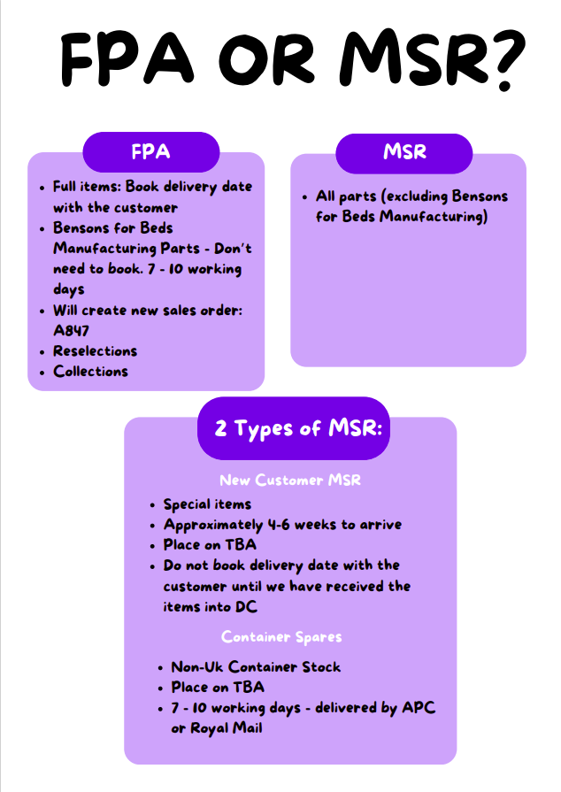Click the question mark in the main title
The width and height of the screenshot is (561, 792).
pyautogui.click(x=505, y=59)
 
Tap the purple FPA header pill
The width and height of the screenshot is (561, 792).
pyautogui.click(x=151, y=152)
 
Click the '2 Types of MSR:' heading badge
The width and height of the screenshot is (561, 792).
pyautogui.click(x=294, y=428)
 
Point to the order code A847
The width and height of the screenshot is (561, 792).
pyautogui.click(x=71, y=331)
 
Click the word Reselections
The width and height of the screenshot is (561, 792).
pyautogui.click(x=95, y=351)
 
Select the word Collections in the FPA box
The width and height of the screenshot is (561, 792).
pyautogui.click(x=91, y=372)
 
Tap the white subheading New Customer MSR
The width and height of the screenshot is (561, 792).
pyautogui.click(x=290, y=480)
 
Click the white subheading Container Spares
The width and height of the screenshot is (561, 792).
pyautogui.click(x=281, y=637)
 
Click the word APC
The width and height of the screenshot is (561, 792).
pyautogui.click(x=419, y=708)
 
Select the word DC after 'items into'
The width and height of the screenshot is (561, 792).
pyautogui.click(x=246, y=607)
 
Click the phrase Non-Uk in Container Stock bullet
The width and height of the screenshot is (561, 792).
pyautogui.click(x=197, y=666)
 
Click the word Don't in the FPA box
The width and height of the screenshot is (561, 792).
pyautogui.click(x=233, y=249)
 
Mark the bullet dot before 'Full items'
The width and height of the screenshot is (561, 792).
pyautogui.click(x=42, y=188)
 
